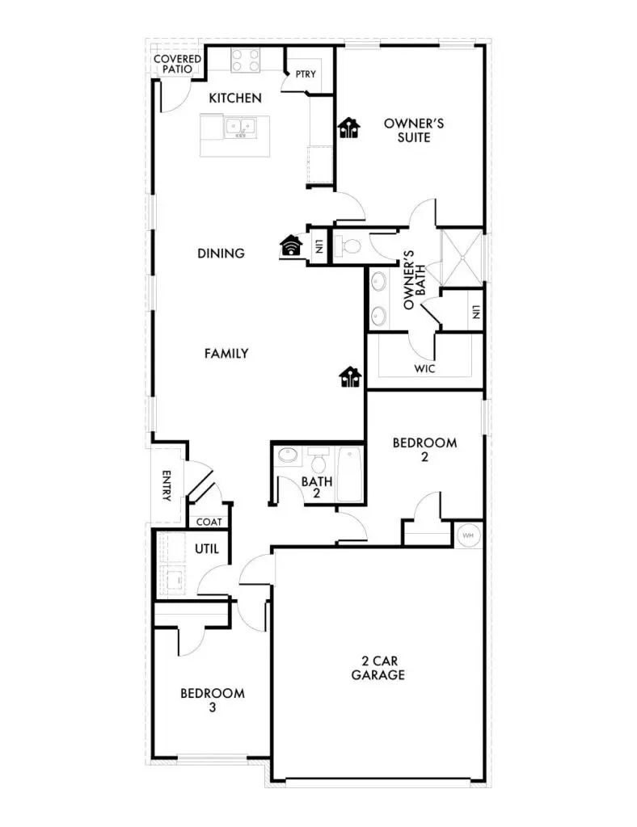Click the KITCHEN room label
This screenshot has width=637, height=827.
pyautogui.click(x=235, y=99)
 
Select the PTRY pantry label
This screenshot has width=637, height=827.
pyautogui.click(x=306, y=74)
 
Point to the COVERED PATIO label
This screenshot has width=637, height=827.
pyautogui.click(x=177, y=64)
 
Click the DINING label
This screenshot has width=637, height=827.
pyautogui.click(x=221, y=254)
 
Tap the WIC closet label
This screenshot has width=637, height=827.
pyautogui.click(x=425, y=368)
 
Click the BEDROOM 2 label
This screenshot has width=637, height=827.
pyautogui.click(x=424, y=449)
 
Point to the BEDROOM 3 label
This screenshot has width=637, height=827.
pyautogui.click(x=212, y=699)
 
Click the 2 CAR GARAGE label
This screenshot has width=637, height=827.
pyautogui.click(x=378, y=668)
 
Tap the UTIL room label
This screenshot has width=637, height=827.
pyautogui.click(x=207, y=550)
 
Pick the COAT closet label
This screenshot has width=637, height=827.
pyautogui.click(x=209, y=522)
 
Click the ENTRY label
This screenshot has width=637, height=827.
pyautogui.click(x=167, y=486)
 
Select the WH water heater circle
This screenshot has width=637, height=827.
pyautogui.click(x=468, y=535)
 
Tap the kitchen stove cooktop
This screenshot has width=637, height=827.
pyautogui.click(x=246, y=60)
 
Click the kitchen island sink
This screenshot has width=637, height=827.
pyautogui.click(x=240, y=127)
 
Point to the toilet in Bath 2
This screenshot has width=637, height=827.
pyautogui.click(x=319, y=463)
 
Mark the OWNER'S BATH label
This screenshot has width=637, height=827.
pyautogui.click(x=414, y=280)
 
